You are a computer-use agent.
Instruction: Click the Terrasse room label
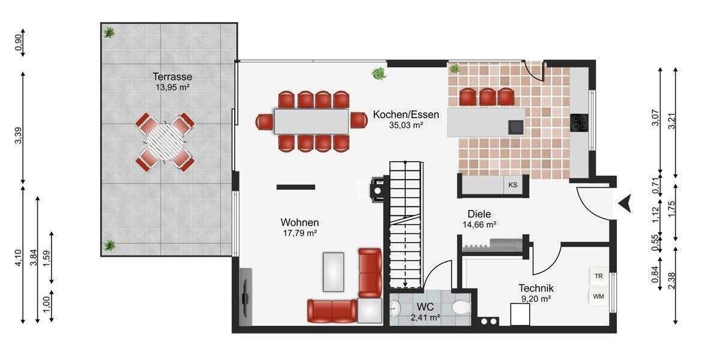pyautogui.click(x=172, y=77)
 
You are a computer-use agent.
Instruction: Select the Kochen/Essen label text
pyautogui.click(x=406, y=115)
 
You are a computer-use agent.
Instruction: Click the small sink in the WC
pyautogui.click(x=395, y=308)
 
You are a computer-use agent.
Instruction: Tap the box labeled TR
pyautogui.click(x=598, y=277)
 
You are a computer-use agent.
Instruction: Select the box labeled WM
pyautogui.click(x=598, y=296)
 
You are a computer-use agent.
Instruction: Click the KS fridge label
pyautogui.click(x=513, y=185)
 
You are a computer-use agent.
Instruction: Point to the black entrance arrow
pyautogui.click(x=625, y=204)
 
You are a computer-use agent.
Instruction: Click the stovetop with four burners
pyautogui.click(x=579, y=122)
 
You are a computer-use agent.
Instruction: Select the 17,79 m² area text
pyautogui.click(x=299, y=233)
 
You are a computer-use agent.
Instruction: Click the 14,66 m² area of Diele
pyautogui.click(x=479, y=224)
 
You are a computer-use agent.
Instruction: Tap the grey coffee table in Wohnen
pyautogui.click(x=334, y=272)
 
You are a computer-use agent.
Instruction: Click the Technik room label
pyautogui.click(x=536, y=288)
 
